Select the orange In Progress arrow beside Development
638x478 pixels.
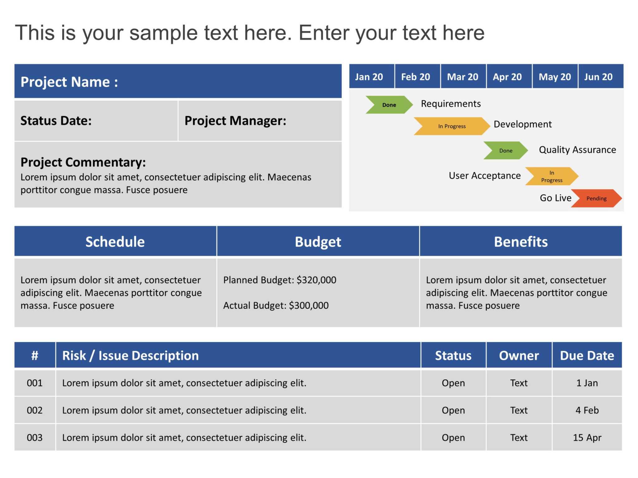tap(451, 126)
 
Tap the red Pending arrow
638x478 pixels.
tap(596, 199)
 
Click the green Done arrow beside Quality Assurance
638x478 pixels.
tap(505, 151)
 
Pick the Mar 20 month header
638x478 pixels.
tap(462, 77)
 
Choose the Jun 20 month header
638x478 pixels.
tap(598, 77)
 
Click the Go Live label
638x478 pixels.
tap(555, 198)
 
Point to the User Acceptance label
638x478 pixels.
tap(484, 176)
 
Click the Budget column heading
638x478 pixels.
tap(318, 242)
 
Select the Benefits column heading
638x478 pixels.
tap(521, 242)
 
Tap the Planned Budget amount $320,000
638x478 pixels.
tap(316, 280)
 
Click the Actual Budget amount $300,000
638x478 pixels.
tap(308, 306)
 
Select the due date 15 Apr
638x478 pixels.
tap(587, 438)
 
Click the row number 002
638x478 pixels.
tap(35, 410)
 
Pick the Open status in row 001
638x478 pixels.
tap(453, 383)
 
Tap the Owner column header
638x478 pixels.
tap(519, 355)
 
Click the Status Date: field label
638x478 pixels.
tap(56, 121)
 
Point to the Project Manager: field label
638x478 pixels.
tap(235, 121)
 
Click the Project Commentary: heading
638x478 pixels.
tap(83, 162)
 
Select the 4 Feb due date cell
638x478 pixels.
tap(587, 410)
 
